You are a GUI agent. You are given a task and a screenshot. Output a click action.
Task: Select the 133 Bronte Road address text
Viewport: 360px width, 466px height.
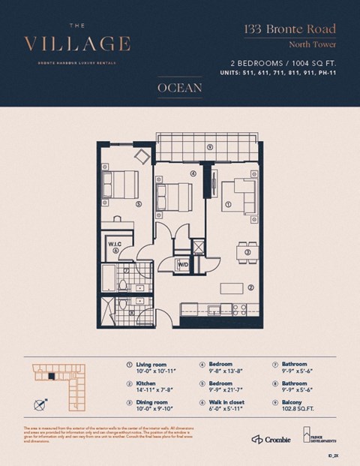(288, 30)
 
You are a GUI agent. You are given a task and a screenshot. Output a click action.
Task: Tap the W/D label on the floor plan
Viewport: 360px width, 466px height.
(181, 264)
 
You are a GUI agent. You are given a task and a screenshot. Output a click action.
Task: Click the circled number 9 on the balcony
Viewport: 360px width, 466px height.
(210, 147)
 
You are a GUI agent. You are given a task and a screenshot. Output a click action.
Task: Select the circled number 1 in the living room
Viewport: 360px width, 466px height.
(228, 203)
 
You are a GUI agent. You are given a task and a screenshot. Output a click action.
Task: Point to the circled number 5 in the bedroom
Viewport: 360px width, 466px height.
(138, 203)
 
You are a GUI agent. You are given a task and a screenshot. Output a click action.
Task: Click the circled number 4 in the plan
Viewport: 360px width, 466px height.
(193, 173)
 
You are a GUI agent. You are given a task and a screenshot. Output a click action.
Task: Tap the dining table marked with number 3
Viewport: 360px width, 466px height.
(247, 252)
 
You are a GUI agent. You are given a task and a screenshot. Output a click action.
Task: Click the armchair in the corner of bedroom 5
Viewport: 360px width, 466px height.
(142, 156)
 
